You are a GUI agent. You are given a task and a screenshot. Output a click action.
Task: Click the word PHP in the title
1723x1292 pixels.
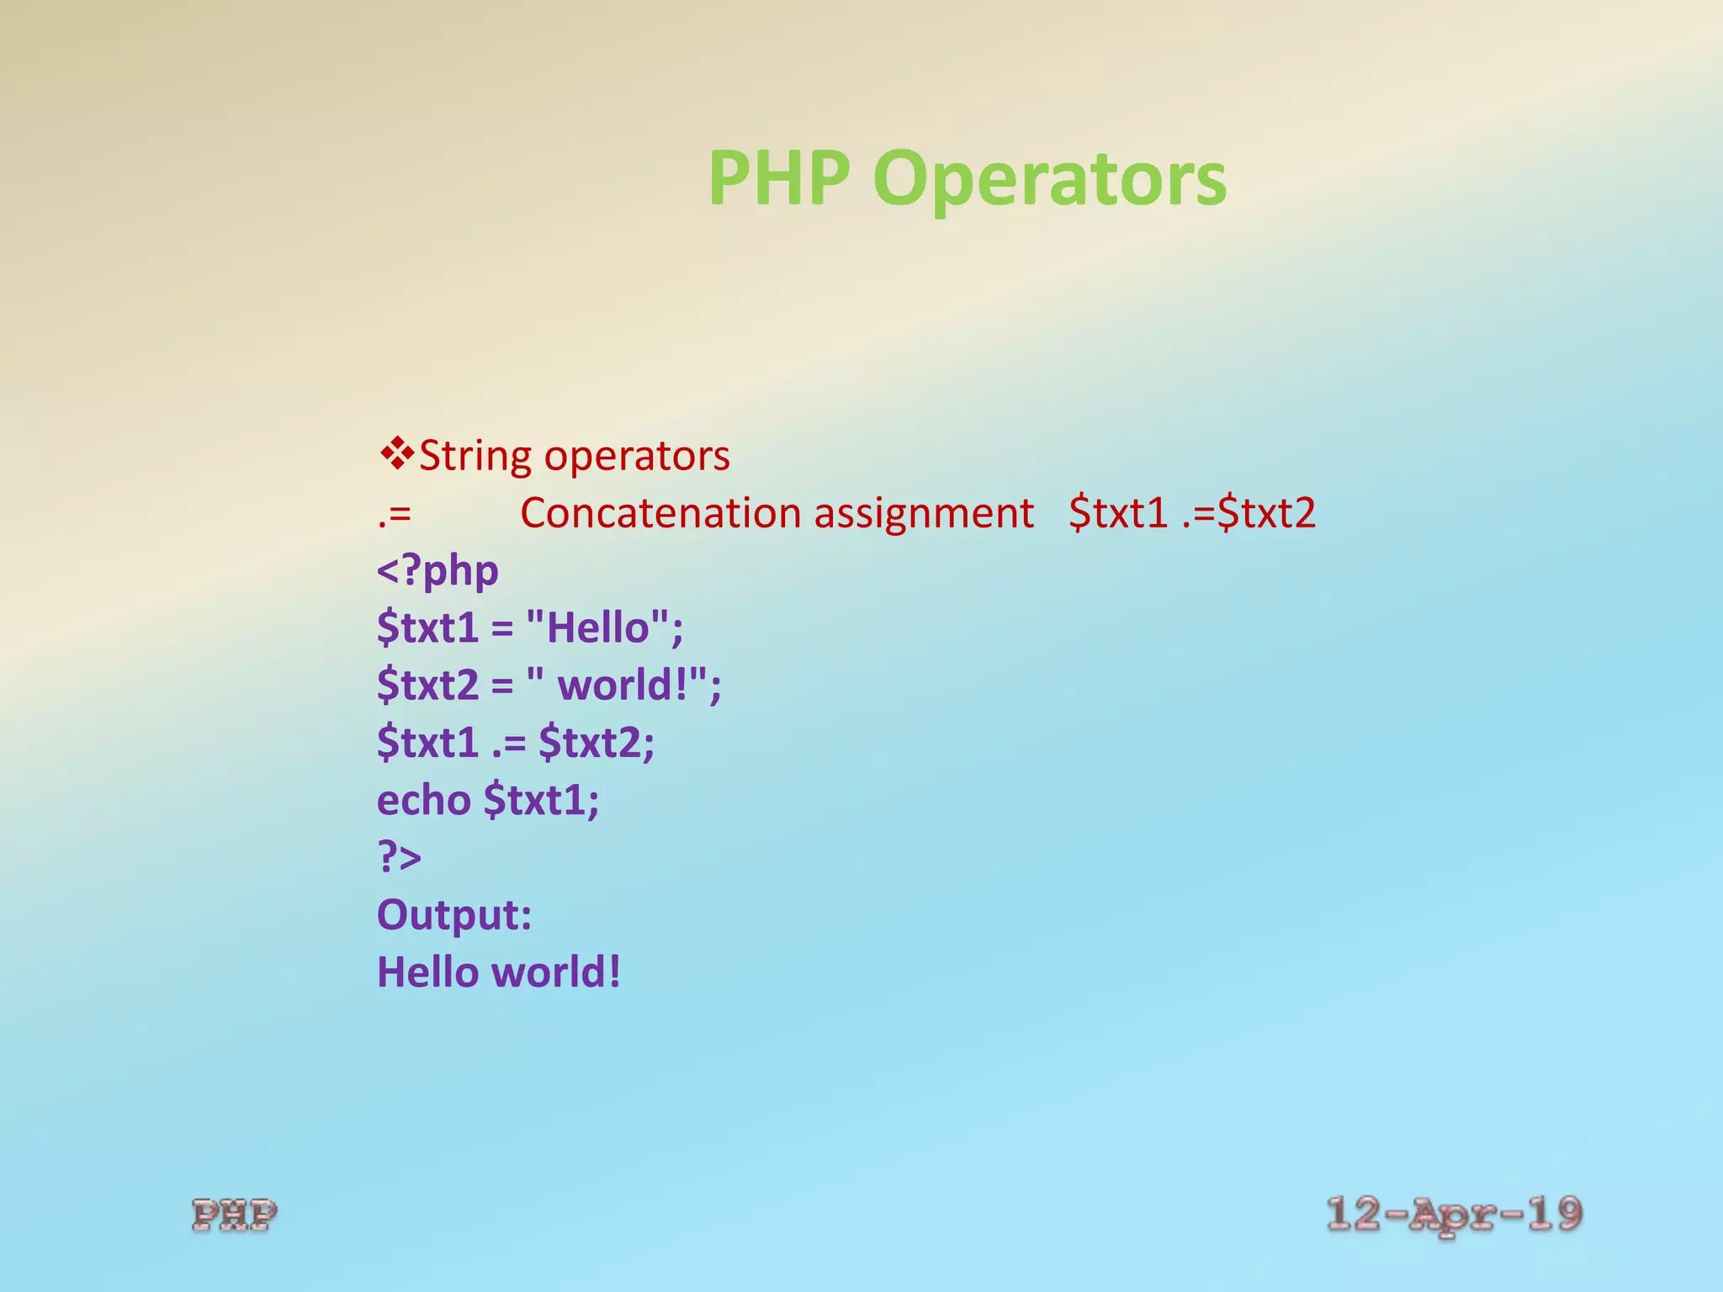(x=778, y=178)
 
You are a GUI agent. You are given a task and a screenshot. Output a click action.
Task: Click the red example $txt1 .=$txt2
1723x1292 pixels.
(x=1191, y=513)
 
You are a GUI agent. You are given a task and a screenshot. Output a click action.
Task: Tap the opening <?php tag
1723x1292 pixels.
(x=437, y=571)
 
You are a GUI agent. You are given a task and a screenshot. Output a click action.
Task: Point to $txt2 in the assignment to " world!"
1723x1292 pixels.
(x=427, y=685)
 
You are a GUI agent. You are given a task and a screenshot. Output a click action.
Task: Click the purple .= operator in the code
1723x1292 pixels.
(x=509, y=743)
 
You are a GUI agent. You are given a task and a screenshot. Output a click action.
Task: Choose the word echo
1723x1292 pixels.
(x=423, y=800)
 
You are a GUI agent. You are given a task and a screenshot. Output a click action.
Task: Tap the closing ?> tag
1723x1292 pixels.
(x=399, y=857)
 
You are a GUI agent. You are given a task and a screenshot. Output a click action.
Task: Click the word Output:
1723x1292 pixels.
(x=454, y=914)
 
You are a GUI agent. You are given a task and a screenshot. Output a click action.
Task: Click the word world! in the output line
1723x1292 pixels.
(x=556, y=972)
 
